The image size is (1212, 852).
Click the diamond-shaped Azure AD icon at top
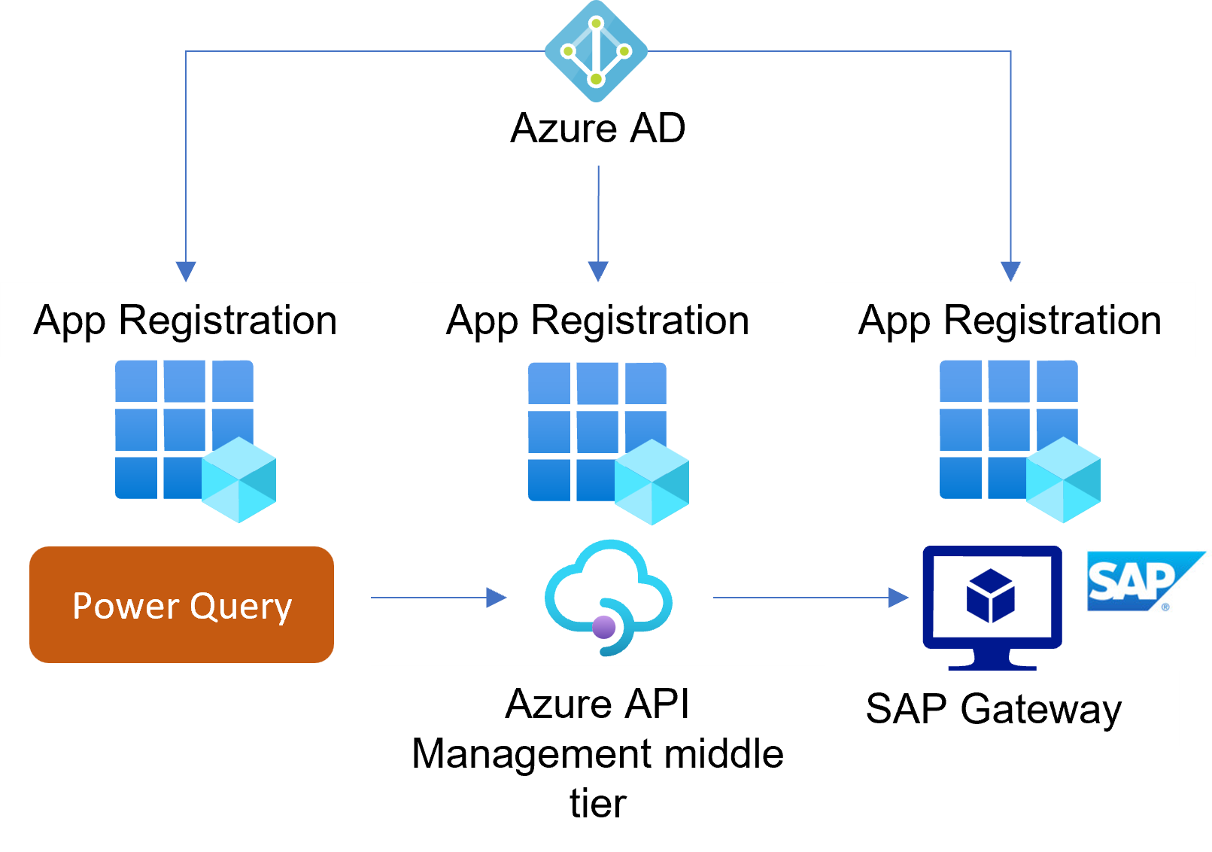coord(596,51)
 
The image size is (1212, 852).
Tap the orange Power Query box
coord(181,605)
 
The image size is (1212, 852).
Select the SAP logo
coord(1147,581)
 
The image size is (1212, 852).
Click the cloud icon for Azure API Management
coord(609,595)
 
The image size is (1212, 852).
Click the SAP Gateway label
coord(993,709)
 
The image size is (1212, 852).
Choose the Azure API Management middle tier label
coord(597,753)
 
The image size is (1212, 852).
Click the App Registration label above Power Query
coord(185,320)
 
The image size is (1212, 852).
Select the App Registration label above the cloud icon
coord(597,320)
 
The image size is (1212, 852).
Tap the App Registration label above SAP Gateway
coord(1010,320)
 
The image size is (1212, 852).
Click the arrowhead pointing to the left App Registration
coord(186,271)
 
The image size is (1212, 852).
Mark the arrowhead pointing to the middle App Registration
coord(598,271)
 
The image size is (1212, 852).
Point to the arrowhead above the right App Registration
coord(1010,271)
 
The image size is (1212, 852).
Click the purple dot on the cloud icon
coord(604,626)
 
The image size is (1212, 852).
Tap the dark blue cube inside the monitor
coord(991,595)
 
